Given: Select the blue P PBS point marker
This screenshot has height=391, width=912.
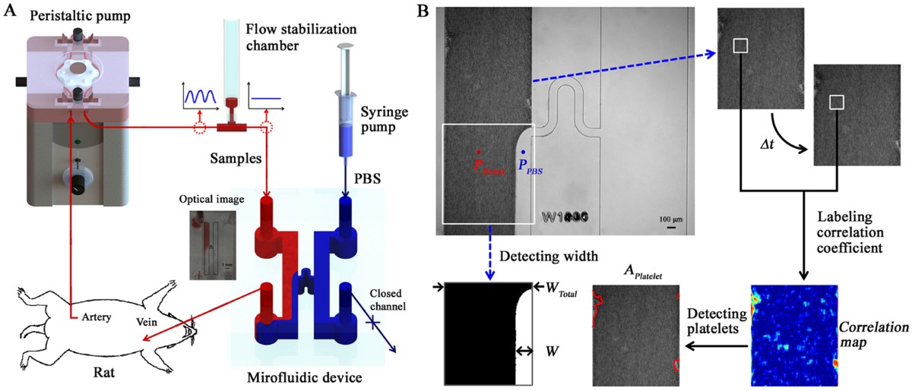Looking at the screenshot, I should [x=523, y=153].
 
